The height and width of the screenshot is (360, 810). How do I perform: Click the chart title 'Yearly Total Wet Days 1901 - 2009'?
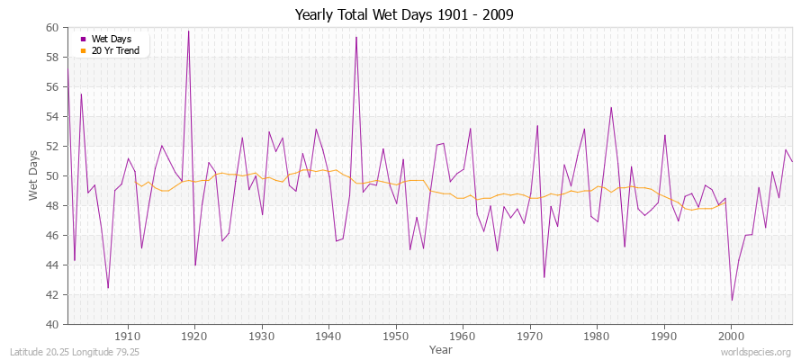point(404,15)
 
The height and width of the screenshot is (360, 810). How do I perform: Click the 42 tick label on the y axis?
point(52,294)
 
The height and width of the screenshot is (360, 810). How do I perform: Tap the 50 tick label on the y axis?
point(52,175)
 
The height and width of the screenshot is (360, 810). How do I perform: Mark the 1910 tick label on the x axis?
point(128,336)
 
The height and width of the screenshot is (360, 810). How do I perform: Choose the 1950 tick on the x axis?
point(396,336)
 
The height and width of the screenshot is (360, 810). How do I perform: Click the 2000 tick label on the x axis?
point(731,336)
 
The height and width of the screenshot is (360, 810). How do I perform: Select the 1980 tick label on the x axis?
point(597,336)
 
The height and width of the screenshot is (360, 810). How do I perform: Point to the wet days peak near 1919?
point(188,31)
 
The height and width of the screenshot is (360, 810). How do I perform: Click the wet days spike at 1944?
point(356,37)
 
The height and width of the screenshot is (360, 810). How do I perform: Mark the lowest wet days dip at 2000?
point(732,300)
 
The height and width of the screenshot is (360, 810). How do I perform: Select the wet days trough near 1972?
point(544,276)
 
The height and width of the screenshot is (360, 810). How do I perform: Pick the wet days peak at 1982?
point(611,107)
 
